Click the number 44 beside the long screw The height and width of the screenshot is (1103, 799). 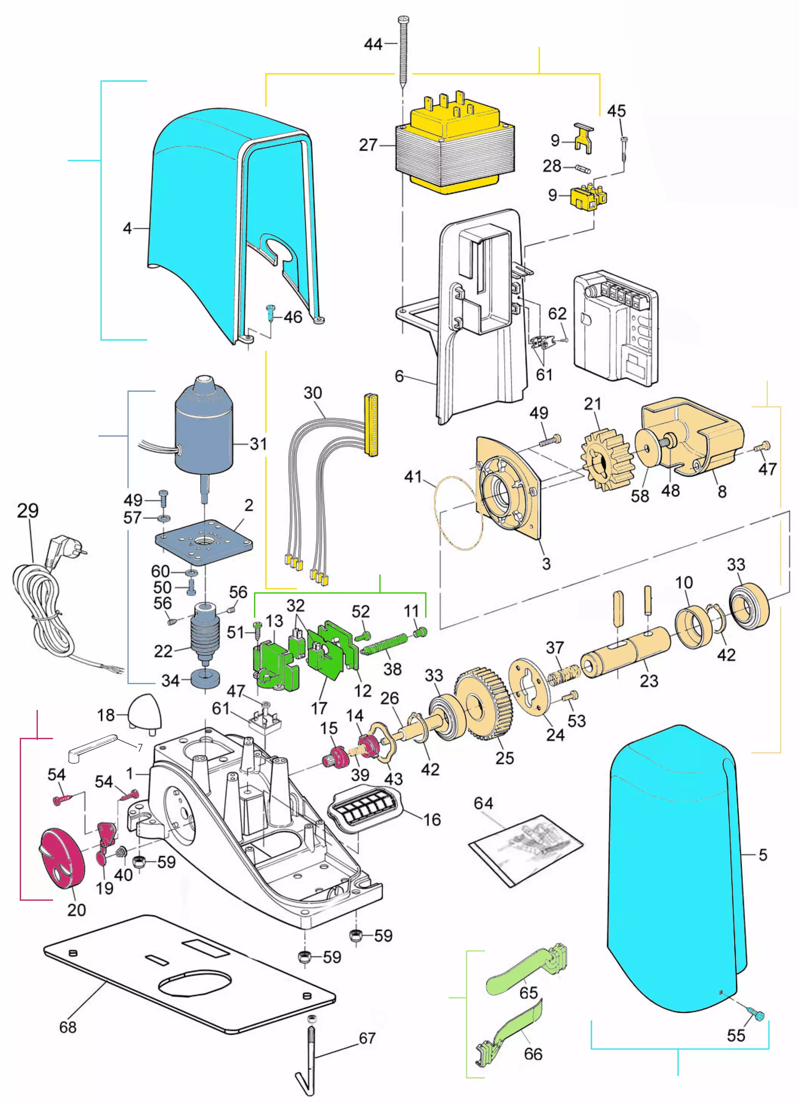373,44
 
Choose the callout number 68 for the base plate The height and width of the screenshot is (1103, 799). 68,1027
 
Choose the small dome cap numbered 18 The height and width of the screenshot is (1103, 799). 144,712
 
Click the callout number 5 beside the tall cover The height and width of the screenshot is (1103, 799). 762,854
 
